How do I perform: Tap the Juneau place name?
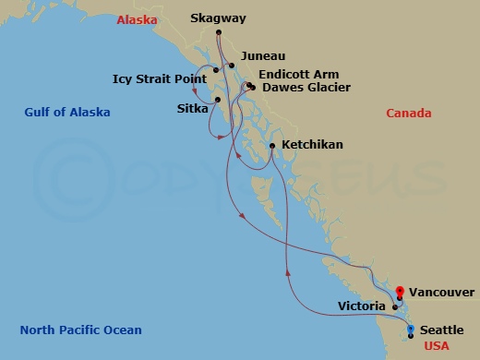point(262,55)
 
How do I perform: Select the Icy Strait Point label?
point(158,78)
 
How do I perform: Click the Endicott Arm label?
point(299,74)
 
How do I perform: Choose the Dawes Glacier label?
point(303,88)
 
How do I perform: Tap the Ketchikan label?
point(312,145)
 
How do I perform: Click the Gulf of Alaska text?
point(67,113)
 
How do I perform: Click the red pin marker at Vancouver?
point(400,292)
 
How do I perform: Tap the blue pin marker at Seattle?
point(411,329)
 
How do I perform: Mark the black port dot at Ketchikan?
point(271,146)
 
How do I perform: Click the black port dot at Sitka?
point(218,100)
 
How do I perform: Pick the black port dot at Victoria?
point(394,307)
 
